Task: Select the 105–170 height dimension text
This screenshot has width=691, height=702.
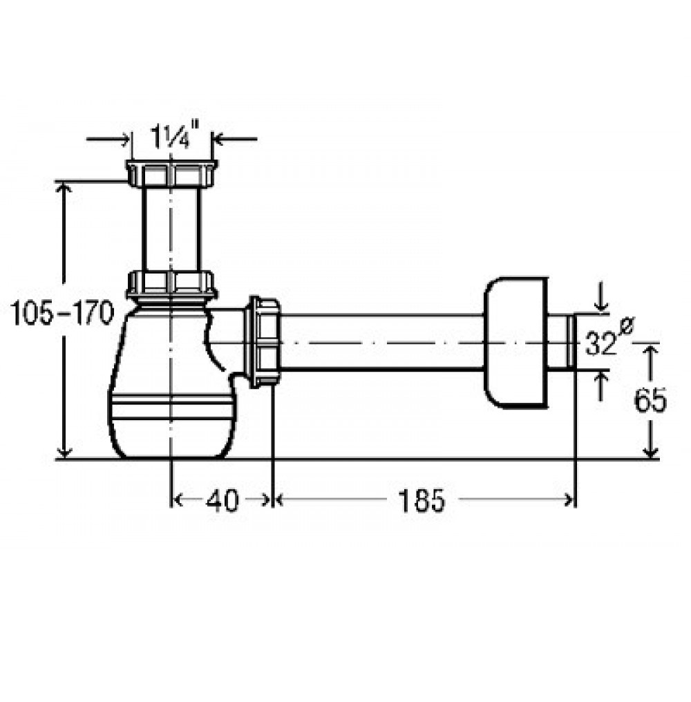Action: (x=62, y=313)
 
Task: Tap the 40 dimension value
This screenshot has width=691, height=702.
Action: (x=222, y=500)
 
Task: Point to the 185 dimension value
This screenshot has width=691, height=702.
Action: (x=422, y=500)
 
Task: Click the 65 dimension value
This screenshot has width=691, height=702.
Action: (x=650, y=400)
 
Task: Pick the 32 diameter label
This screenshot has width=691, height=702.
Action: (x=609, y=339)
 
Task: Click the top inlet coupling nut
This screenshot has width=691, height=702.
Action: (x=171, y=173)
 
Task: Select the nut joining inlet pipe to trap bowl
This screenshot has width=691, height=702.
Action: (x=171, y=285)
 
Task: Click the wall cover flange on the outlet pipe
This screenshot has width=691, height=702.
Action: (x=516, y=343)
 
